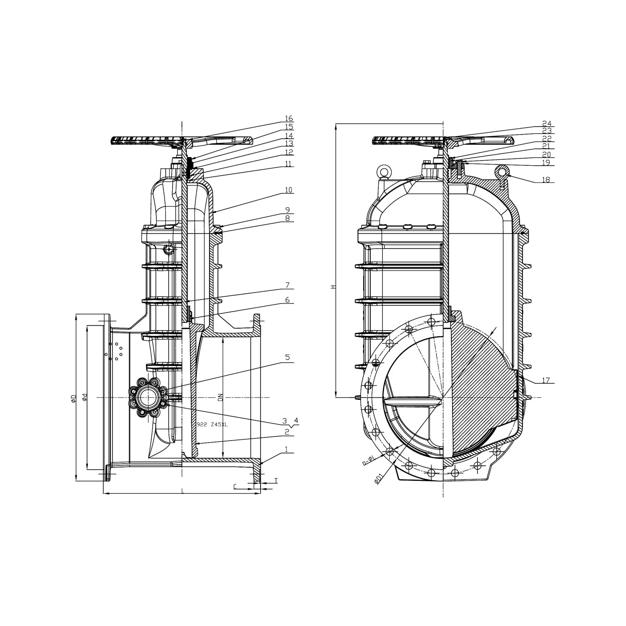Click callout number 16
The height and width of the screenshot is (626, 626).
click(289, 119)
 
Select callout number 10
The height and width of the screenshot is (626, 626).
click(289, 190)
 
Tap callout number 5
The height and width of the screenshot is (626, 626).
click(287, 357)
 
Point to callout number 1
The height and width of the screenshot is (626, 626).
click(286, 449)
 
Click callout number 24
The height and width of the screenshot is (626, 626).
click(547, 123)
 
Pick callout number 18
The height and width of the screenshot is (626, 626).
click(546, 180)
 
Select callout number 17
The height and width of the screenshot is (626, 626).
click(546, 380)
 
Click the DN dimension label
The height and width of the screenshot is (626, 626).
click(220, 398)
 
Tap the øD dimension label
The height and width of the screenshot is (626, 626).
click(73, 399)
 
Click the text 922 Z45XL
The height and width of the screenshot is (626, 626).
click(212, 425)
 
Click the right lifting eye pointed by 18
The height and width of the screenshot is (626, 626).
click(502, 171)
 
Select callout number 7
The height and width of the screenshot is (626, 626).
click(287, 285)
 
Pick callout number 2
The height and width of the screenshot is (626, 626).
click(287, 432)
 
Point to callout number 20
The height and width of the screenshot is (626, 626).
click(546, 155)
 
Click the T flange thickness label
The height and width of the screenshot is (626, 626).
click(276, 481)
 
